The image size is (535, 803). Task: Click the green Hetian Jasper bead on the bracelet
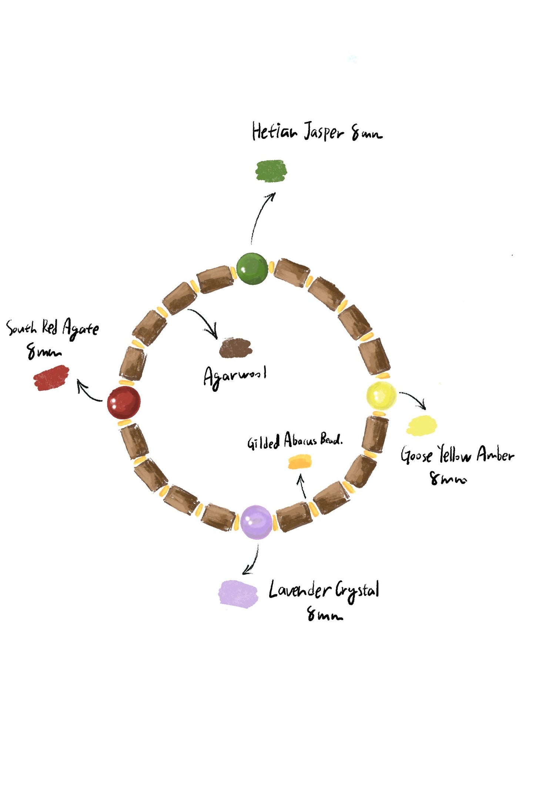point(252,269)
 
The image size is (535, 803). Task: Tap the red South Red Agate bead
point(124,403)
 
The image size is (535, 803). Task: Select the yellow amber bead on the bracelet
point(381,396)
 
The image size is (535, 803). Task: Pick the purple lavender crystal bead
point(256,522)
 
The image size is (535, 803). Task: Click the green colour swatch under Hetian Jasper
point(271,171)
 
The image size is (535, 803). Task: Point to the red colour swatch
point(51,377)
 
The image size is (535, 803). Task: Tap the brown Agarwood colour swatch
point(235,348)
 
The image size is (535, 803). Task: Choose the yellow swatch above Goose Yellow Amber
point(421,426)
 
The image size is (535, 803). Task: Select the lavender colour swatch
point(238,594)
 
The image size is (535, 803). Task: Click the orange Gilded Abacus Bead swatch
point(300,462)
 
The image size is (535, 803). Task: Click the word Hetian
point(274,131)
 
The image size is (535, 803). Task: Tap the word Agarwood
point(235,376)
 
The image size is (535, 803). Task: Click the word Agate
point(80,329)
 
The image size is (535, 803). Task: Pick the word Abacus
point(300,440)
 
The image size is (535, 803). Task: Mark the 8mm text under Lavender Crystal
point(325,614)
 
